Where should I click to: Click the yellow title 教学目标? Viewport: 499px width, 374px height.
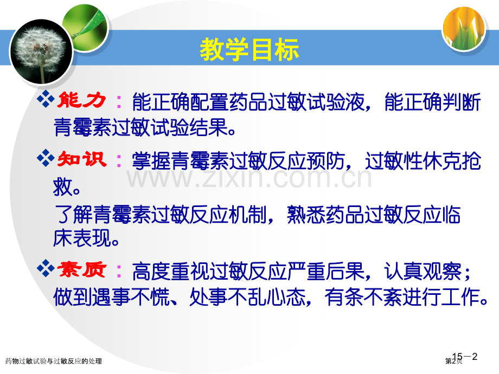tap(249, 49)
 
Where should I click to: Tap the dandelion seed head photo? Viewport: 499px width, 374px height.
tap(41, 52)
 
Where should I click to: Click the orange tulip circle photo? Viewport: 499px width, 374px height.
tap(464, 29)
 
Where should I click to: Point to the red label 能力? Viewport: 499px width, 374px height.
tap(81, 100)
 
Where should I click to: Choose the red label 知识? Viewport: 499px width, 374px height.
tap(81, 159)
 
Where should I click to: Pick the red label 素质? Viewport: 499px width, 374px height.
tap(81, 270)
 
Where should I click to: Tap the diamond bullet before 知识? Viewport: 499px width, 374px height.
tap(46, 158)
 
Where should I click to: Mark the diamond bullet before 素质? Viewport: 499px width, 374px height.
tap(46, 268)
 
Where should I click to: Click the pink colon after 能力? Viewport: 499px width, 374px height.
tap(119, 102)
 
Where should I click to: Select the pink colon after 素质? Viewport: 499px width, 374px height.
tap(119, 271)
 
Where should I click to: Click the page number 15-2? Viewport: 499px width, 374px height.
tap(465, 357)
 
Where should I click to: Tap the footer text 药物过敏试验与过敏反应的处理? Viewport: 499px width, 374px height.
tap(54, 361)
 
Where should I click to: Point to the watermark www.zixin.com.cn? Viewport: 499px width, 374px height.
tap(249, 178)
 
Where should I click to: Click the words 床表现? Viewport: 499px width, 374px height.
tap(81, 238)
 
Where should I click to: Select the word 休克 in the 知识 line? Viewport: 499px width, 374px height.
tap(442, 161)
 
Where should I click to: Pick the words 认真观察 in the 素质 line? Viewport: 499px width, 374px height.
tap(423, 272)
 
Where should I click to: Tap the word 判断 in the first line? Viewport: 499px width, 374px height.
tap(462, 102)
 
